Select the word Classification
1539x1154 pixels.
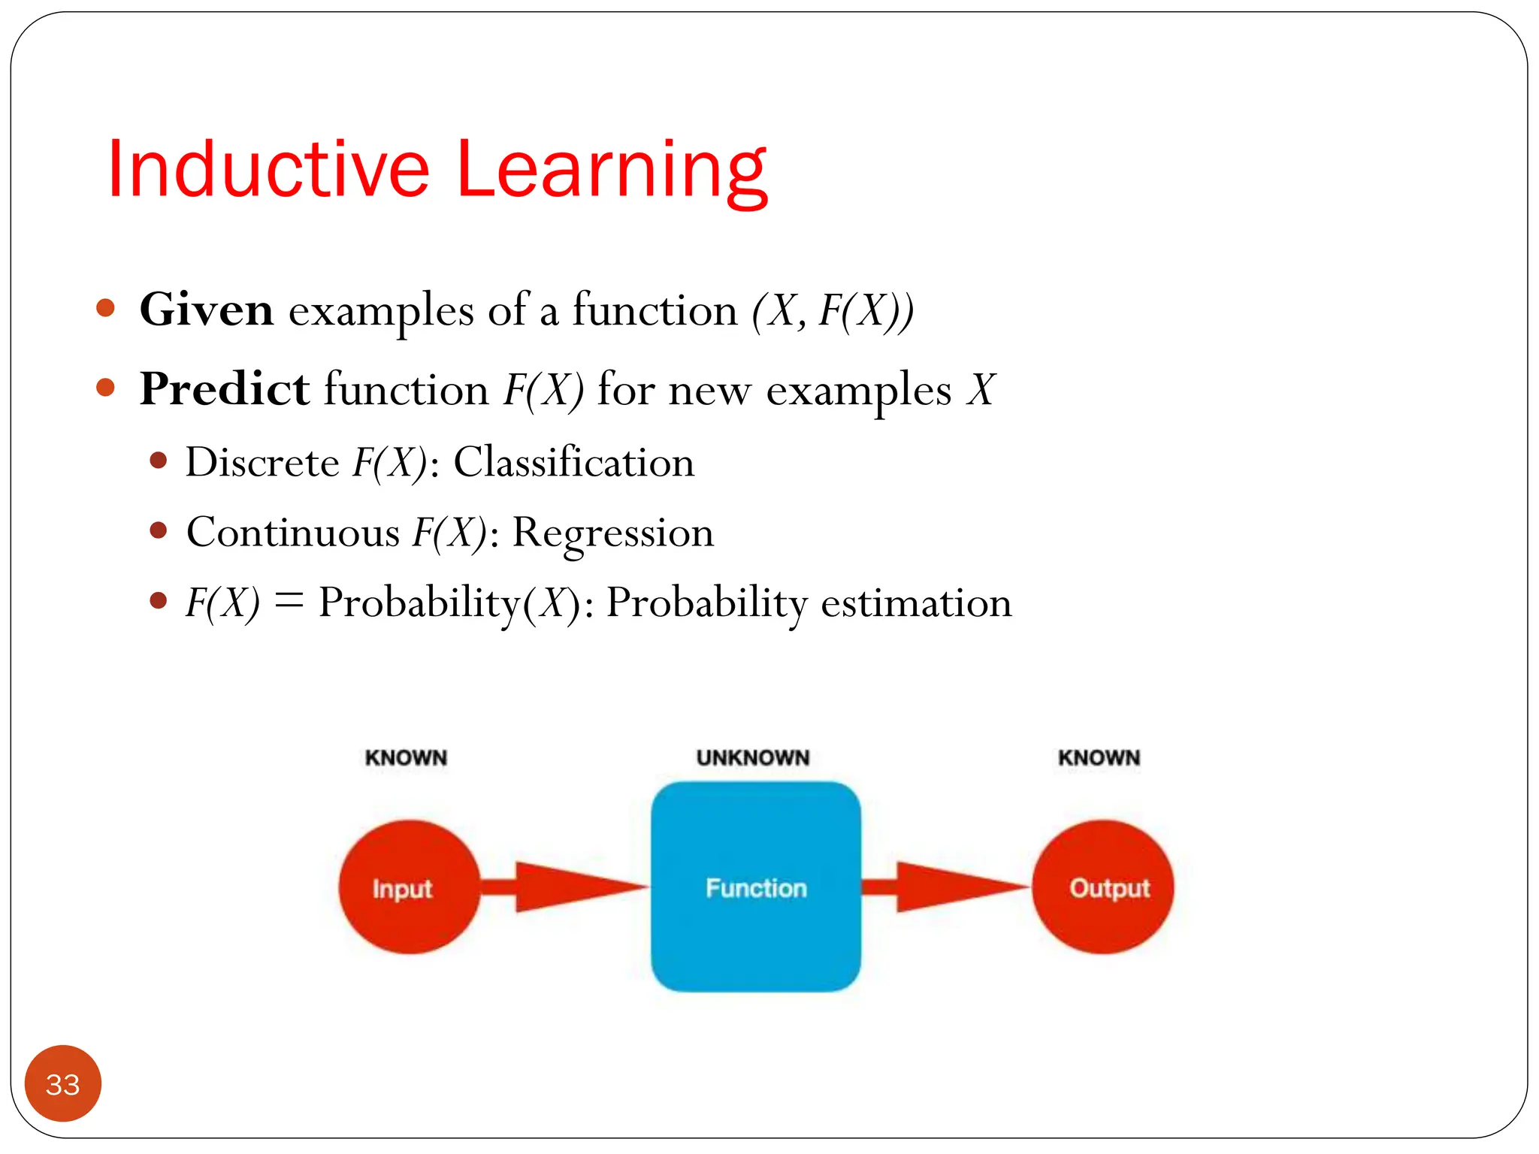coord(573,461)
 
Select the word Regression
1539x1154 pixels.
coord(612,533)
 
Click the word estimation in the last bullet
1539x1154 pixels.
coord(916,603)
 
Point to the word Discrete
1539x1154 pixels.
coord(262,461)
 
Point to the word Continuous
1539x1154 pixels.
coord(293,533)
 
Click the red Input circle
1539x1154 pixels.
coord(409,887)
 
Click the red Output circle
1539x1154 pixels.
coord(1102,887)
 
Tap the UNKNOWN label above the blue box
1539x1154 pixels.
coord(753,757)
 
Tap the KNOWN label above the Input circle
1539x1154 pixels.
coord(406,757)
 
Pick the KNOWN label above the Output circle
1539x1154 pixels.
coord(1099,757)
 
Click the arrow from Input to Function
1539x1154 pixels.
coord(564,887)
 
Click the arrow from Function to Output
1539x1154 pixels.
coord(945,887)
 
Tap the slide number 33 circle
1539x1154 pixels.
coord(63,1083)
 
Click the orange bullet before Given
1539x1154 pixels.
coord(106,307)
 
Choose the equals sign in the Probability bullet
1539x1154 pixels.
coord(289,601)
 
